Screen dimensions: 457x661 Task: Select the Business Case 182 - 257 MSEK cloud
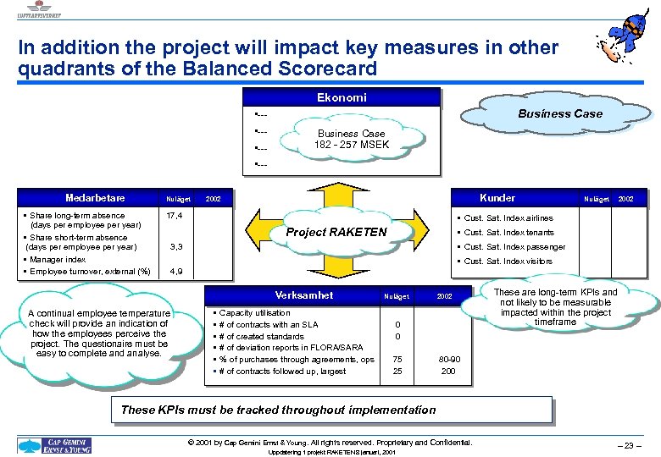pyautogui.click(x=351, y=140)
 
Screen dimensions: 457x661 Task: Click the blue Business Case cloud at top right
pyautogui.click(x=560, y=113)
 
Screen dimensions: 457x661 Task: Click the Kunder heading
pyautogui.click(x=497, y=198)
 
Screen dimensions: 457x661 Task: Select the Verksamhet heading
pyautogui.click(x=303, y=295)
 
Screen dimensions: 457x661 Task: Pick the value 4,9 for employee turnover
pyautogui.click(x=176, y=272)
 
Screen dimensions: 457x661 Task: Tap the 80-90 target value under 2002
pyautogui.click(x=448, y=359)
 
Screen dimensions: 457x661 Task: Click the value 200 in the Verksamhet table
pyautogui.click(x=448, y=371)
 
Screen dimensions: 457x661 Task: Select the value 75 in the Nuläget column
pyautogui.click(x=397, y=359)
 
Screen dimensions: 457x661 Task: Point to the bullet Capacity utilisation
pyautogui.click(x=254, y=313)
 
